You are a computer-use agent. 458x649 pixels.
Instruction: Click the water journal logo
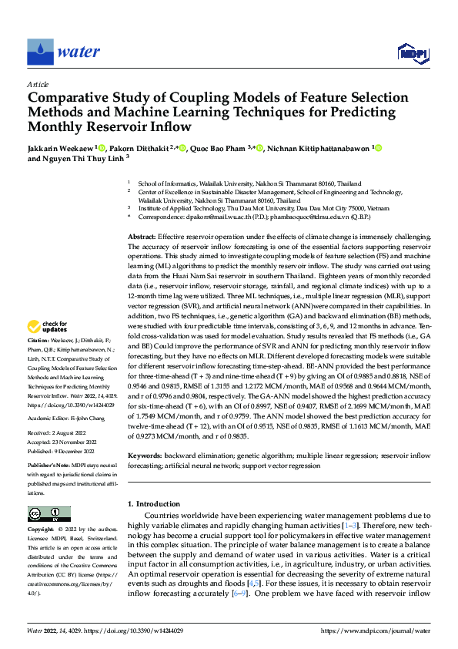[63, 52]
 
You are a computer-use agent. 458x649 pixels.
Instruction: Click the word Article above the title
[38, 84]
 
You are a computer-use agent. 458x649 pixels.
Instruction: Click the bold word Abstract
[141, 214]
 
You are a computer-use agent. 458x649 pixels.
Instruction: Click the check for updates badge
[51, 348]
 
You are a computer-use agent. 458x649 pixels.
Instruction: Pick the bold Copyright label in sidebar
[42, 530]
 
